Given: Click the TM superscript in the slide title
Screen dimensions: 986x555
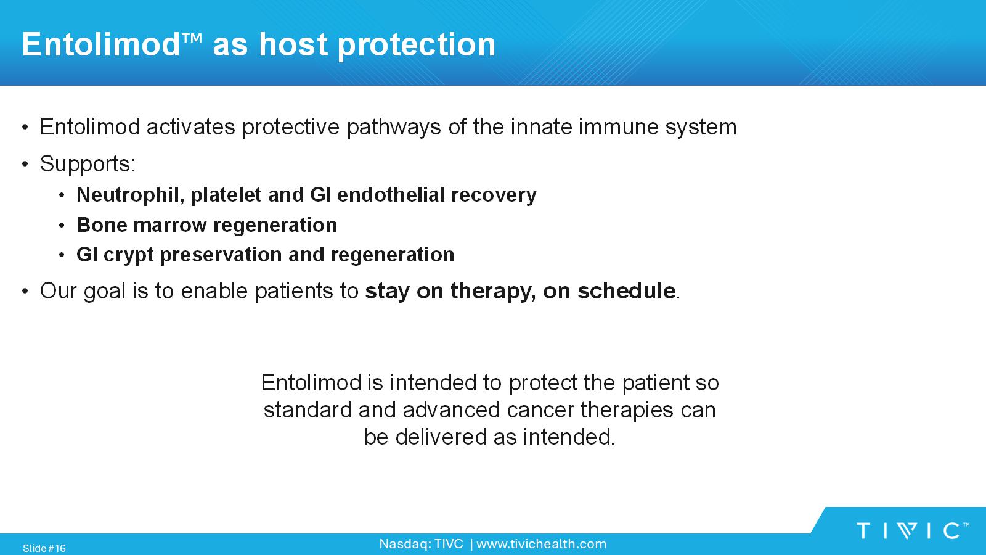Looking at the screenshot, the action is pos(192,38).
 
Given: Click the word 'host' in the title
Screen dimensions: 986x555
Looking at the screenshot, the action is pos(293,44).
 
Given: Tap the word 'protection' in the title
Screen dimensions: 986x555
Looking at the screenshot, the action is pos(417,46).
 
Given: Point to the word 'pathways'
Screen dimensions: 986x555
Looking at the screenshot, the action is pos(394,128).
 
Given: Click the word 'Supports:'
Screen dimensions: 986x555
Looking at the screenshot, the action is pos(88,164).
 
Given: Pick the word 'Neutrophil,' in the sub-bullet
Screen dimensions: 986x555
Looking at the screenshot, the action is pos(130,195).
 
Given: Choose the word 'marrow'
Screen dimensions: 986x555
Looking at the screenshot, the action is pos(170,225).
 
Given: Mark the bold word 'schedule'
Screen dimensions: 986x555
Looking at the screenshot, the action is pos(626,290).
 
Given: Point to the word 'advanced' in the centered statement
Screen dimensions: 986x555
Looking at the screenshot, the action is pos(451,410).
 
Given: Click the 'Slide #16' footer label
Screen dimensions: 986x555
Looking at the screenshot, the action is pos(44,548).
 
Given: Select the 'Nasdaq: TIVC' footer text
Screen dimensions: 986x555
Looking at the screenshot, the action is pos(422,545).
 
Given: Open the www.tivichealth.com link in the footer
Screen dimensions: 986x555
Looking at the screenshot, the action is pos(542,545).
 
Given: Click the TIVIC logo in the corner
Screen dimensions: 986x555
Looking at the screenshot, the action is pos(913,531).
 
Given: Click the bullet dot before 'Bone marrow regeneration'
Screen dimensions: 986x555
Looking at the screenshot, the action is pos(62,226).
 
